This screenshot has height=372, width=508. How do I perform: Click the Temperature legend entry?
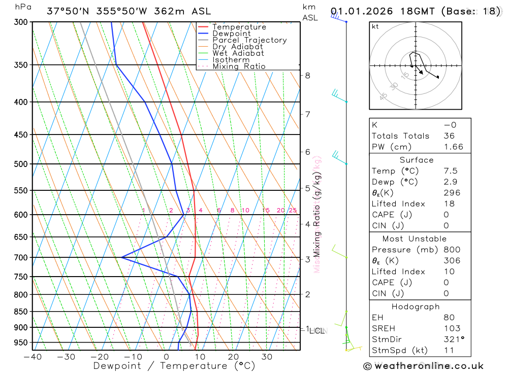[239, 27]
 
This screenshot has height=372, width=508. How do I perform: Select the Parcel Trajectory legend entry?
[249, 40]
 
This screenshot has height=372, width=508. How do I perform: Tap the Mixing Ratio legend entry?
[239, 66]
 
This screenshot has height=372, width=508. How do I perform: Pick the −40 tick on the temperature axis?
[33, 357]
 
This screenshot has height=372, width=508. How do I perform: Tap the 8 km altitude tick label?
[307, 76]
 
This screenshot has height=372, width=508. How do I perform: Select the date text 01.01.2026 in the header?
[360, 11]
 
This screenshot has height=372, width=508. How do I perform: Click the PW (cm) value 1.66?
[454, 147]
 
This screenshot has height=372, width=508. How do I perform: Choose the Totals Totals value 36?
[449, 136]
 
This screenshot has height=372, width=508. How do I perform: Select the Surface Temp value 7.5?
[450, 171]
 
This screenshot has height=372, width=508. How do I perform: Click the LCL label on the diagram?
[317, 331]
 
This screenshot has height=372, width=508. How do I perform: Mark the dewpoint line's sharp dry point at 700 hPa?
[121, 257]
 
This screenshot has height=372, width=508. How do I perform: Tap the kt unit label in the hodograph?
[375, 26]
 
